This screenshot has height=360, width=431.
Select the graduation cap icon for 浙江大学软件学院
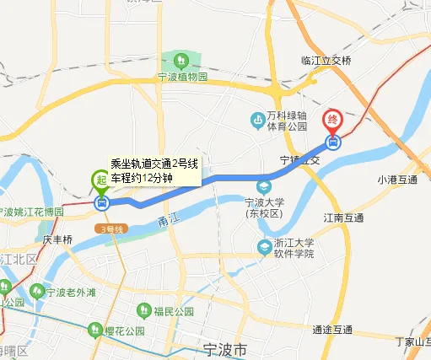click(265, 245)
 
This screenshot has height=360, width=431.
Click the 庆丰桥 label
click(57, 239)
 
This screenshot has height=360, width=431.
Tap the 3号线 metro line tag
click(110, 228)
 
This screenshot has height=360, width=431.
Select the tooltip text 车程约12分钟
click(142, 178)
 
